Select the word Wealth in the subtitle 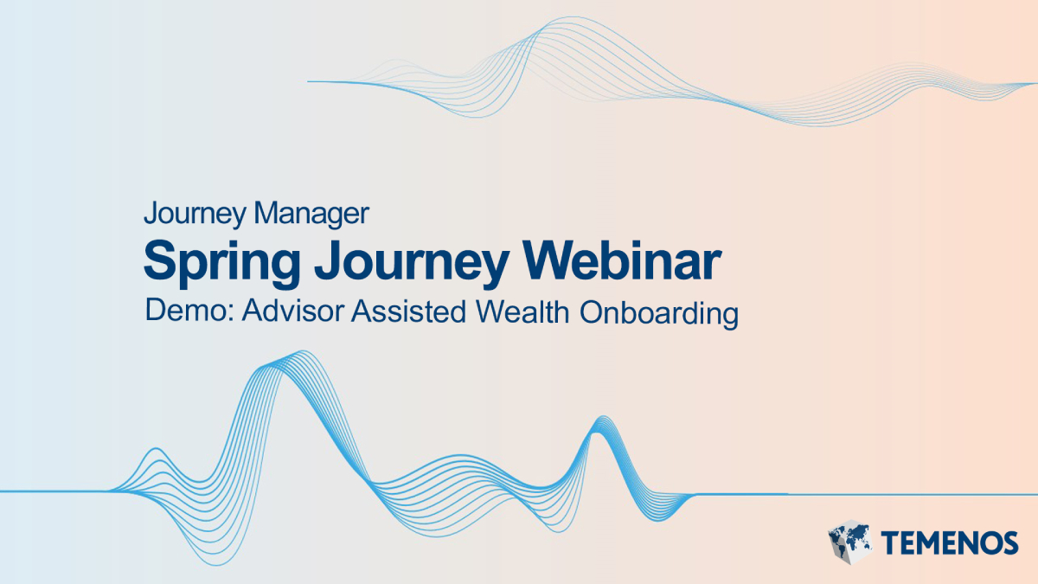tap(523, 312)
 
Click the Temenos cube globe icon tap(849, 542)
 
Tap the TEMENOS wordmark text tap(950, 542)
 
